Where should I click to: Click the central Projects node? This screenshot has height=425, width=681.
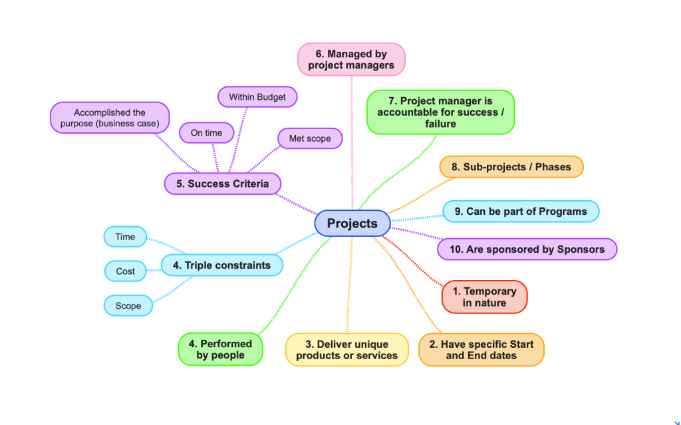[352, 223]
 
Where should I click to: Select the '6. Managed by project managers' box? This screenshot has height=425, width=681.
[351, 59]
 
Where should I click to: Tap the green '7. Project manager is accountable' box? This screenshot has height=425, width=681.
[441, 112]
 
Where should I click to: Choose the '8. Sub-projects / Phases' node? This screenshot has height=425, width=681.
[511, 167]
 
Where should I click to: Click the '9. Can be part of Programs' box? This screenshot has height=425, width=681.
[521, 212]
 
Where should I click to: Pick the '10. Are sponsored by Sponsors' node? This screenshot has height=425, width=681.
[527, 249]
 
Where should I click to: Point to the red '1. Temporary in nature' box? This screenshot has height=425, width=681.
[484, 297]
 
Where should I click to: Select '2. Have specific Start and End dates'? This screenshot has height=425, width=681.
[481, 350]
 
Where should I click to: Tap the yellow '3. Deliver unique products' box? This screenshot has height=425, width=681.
[346, 350]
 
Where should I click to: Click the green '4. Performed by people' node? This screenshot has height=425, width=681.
[221, 349]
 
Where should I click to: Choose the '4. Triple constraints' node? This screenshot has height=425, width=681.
[221, 265]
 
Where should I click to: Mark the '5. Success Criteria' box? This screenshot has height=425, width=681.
[222, 184]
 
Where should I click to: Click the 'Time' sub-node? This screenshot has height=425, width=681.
[125, 237]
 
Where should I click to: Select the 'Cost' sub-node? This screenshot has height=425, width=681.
[125, 271]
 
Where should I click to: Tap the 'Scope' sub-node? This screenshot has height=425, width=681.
[128, 306]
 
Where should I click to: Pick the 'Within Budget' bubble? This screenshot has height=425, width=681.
[257, 97]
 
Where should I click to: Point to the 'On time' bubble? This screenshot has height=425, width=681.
[206, 133]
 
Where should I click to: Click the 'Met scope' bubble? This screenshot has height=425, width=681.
[309, 139]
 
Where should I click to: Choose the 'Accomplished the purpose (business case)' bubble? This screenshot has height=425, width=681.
[110, 118]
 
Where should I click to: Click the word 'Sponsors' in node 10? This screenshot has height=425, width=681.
[581, 249]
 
